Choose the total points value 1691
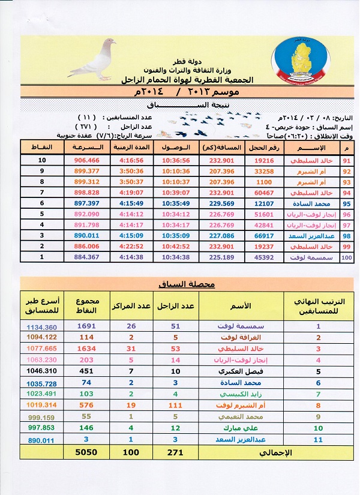coord(86,327)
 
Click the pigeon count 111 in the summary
coord(176,406)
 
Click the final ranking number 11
coord(317,439)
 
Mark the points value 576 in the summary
coord(86,406)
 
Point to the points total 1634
coord(86,349)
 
